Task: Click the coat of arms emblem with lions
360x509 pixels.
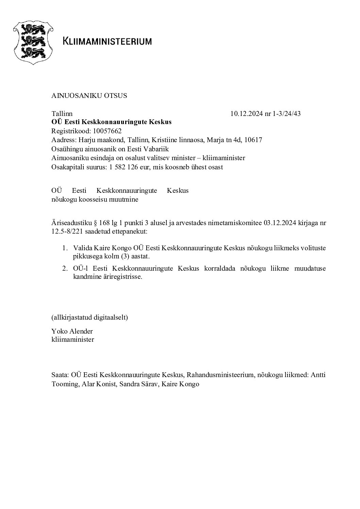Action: (33, 41)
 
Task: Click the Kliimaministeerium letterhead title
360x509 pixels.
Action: (107, 41)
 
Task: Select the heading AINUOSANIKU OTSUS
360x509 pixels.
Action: (89, 96)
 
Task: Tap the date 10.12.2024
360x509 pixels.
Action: (247, 114)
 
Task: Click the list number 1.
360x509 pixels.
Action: (64, 248)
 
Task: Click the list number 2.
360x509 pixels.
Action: (64, 268)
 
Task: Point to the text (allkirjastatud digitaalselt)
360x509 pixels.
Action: (89, 318)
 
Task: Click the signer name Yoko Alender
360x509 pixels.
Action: (72, 331)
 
